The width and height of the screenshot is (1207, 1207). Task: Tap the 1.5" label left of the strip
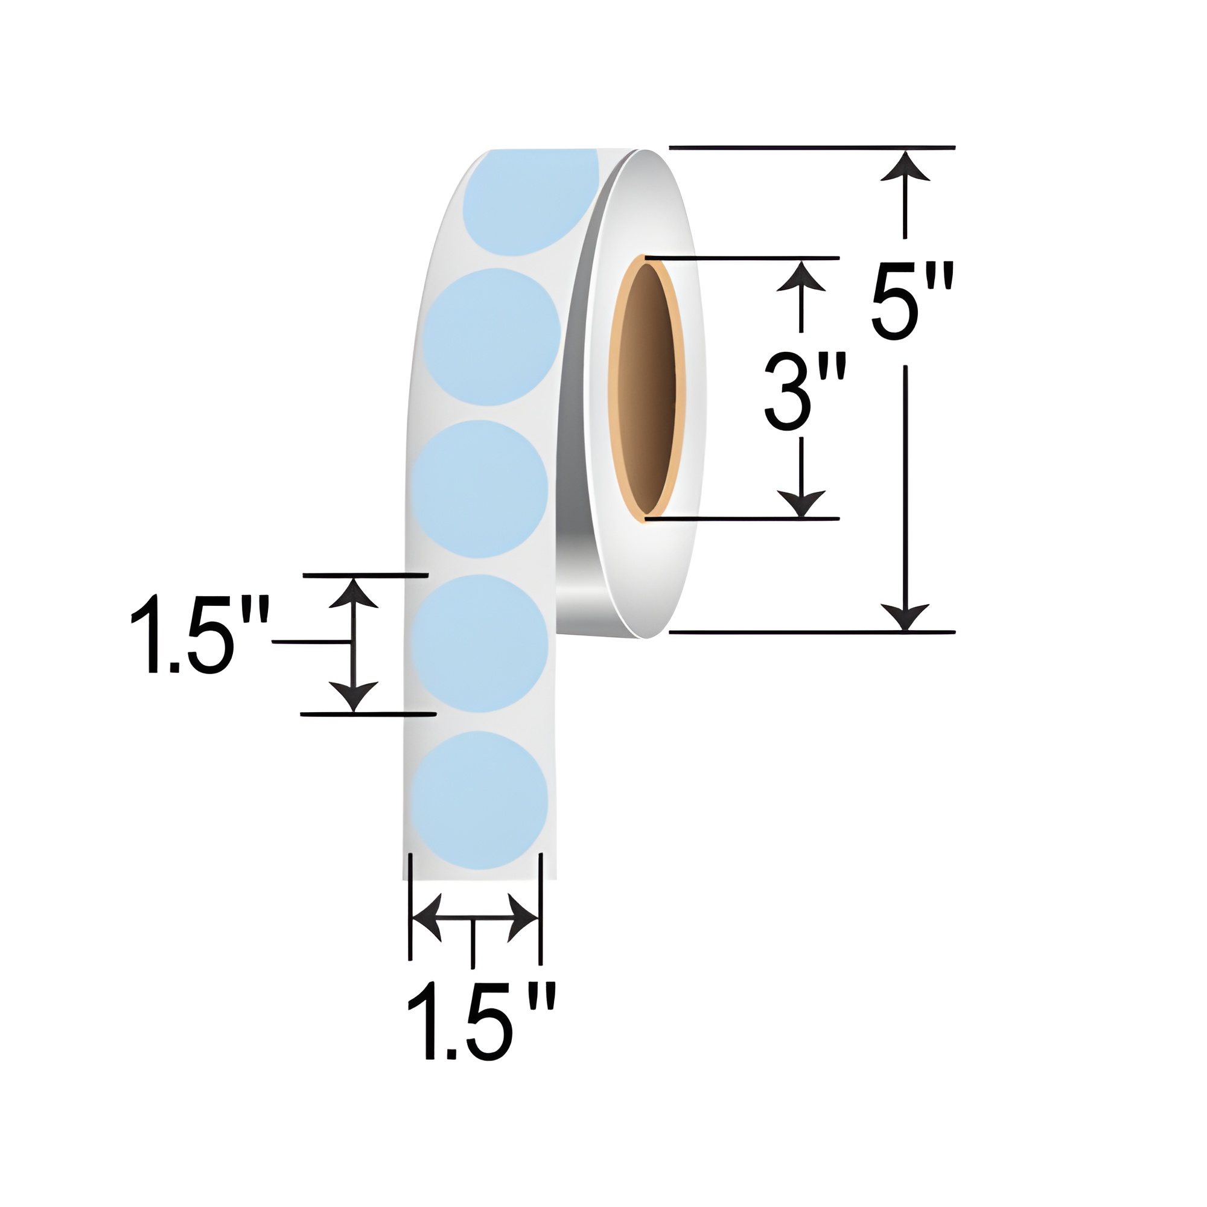[199, 636]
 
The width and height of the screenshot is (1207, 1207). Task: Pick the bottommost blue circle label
[480, 800]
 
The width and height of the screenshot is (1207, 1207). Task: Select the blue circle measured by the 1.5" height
[480, 643]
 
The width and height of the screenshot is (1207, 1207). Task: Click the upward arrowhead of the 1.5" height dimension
[354, 593]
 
